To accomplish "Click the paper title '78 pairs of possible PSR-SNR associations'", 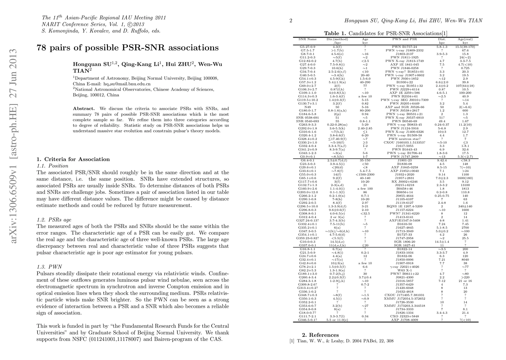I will click(x=127, y=48).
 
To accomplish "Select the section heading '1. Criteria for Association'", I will click(x=73, y=159).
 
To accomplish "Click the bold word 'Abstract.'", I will click(x=84, y=109).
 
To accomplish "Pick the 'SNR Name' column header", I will click(x=307, y=39).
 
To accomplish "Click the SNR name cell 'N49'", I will click(x=307, y=107).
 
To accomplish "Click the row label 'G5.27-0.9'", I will click(x=307, y=47).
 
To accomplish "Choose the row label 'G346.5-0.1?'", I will click(x=307, y=320).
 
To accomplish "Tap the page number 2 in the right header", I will click(x=291, y=21).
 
